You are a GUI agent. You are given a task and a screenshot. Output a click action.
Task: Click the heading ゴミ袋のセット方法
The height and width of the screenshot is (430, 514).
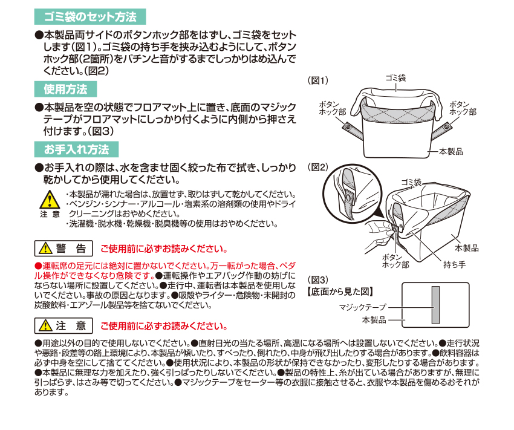point(90,17)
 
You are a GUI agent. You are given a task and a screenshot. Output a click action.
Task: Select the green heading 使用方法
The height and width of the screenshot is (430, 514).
point(65,89)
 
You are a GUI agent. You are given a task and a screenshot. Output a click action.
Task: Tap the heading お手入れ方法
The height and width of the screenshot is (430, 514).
point(76,149)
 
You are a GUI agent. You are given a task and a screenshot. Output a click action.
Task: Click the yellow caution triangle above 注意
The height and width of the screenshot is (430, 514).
point(50,200)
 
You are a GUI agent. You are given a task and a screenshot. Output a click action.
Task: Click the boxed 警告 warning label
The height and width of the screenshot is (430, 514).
point(63,249)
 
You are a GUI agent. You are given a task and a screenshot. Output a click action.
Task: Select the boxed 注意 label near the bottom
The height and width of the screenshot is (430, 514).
point(63,326)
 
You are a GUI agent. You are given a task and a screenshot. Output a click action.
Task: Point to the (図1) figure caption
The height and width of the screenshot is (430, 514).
point(318,80)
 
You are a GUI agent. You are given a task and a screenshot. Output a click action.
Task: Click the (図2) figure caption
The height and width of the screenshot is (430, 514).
point(318,167)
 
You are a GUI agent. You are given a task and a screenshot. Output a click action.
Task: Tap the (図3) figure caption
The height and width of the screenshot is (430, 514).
point(318,280)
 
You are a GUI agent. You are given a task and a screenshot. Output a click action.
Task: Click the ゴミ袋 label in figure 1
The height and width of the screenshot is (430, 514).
point(395,78)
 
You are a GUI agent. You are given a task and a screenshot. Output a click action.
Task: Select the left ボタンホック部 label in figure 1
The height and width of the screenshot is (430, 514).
point(333,108)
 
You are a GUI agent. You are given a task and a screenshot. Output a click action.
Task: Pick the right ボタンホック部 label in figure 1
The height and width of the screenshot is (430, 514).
point(463,108)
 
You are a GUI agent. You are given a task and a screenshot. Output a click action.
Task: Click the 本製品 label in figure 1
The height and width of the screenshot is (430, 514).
point(451,151)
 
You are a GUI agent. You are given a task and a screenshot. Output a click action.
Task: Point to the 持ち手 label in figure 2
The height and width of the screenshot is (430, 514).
point(454,264)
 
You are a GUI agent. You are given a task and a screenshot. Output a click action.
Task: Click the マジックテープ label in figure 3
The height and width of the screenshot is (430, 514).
point(363,307)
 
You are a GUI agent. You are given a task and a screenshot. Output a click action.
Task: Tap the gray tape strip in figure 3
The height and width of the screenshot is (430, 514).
point(435,305)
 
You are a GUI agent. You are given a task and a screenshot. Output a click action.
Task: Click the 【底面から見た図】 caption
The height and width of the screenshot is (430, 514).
point(340,292)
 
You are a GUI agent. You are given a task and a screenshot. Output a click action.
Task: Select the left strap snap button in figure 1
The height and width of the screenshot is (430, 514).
point(348,126)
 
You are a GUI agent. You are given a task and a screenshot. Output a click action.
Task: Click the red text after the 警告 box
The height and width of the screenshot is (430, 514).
point(164,249)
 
